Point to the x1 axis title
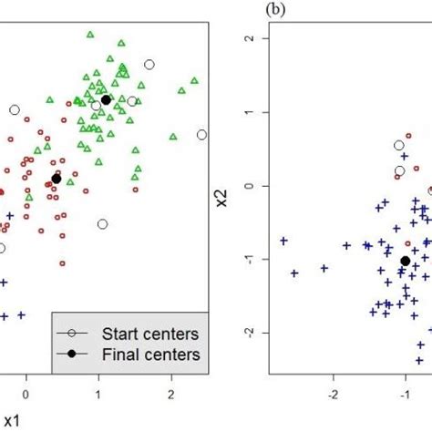coord(11,420)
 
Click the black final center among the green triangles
coord(106,100)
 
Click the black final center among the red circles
coord(57,179)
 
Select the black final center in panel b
coord(405,261)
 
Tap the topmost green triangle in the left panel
coord(89,36)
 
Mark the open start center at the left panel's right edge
coord(201,135)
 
